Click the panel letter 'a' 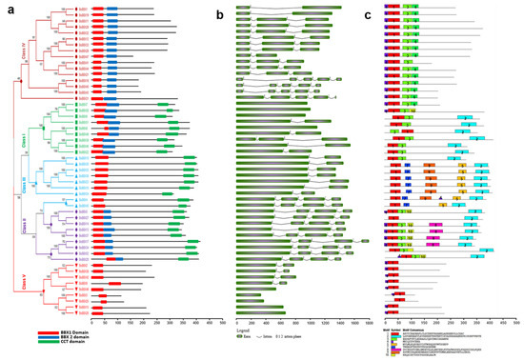pos(6,6)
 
